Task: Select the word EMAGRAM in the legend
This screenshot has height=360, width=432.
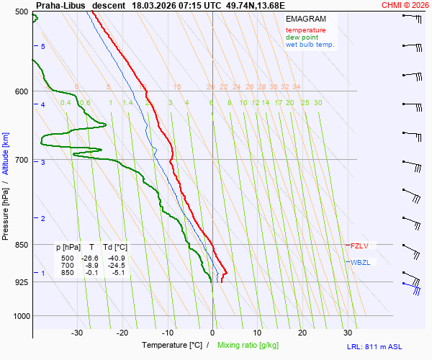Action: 306,18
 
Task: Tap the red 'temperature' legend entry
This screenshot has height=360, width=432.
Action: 305,30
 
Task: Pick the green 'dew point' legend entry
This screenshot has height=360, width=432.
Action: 302,37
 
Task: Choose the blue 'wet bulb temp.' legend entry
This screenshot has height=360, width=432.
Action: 310,45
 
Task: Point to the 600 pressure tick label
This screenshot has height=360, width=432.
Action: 21,91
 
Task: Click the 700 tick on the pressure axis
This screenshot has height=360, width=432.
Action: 21,160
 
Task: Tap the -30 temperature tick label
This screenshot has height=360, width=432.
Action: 77,333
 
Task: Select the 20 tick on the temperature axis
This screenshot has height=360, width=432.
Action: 302,333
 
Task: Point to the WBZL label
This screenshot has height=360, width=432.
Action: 360,262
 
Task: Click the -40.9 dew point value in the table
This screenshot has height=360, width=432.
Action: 116,258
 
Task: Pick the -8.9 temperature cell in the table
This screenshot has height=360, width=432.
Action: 91,265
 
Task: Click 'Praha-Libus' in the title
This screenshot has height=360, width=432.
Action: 60,4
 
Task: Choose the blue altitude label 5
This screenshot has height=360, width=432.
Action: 43,47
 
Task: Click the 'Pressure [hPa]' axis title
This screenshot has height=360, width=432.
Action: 6,210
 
